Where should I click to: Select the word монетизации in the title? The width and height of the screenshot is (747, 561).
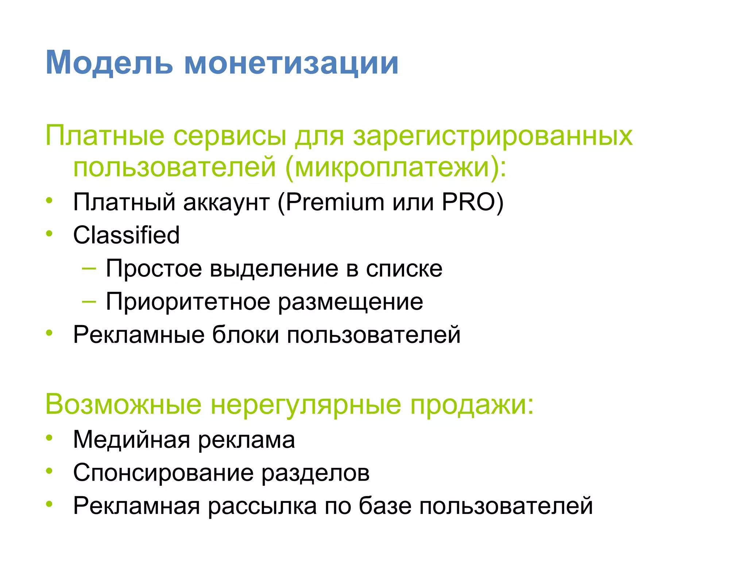(291, 63)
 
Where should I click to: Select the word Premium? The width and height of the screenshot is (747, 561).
(335, 202)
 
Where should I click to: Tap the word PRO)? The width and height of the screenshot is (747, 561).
(472, 202)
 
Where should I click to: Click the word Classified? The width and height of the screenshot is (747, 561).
(126, 235)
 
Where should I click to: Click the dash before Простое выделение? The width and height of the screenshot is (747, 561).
(89, 268)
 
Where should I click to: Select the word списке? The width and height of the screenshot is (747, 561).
(404, 269)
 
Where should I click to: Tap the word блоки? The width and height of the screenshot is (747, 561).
(245, 335)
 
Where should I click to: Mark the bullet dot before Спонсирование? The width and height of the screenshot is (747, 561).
(50, 471)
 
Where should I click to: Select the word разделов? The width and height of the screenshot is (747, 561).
(316, 473)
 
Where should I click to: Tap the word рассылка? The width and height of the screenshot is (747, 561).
(262, 506)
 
